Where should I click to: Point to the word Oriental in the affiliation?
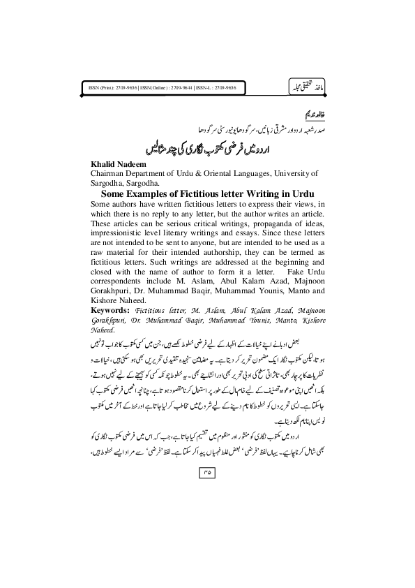point(227,172)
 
